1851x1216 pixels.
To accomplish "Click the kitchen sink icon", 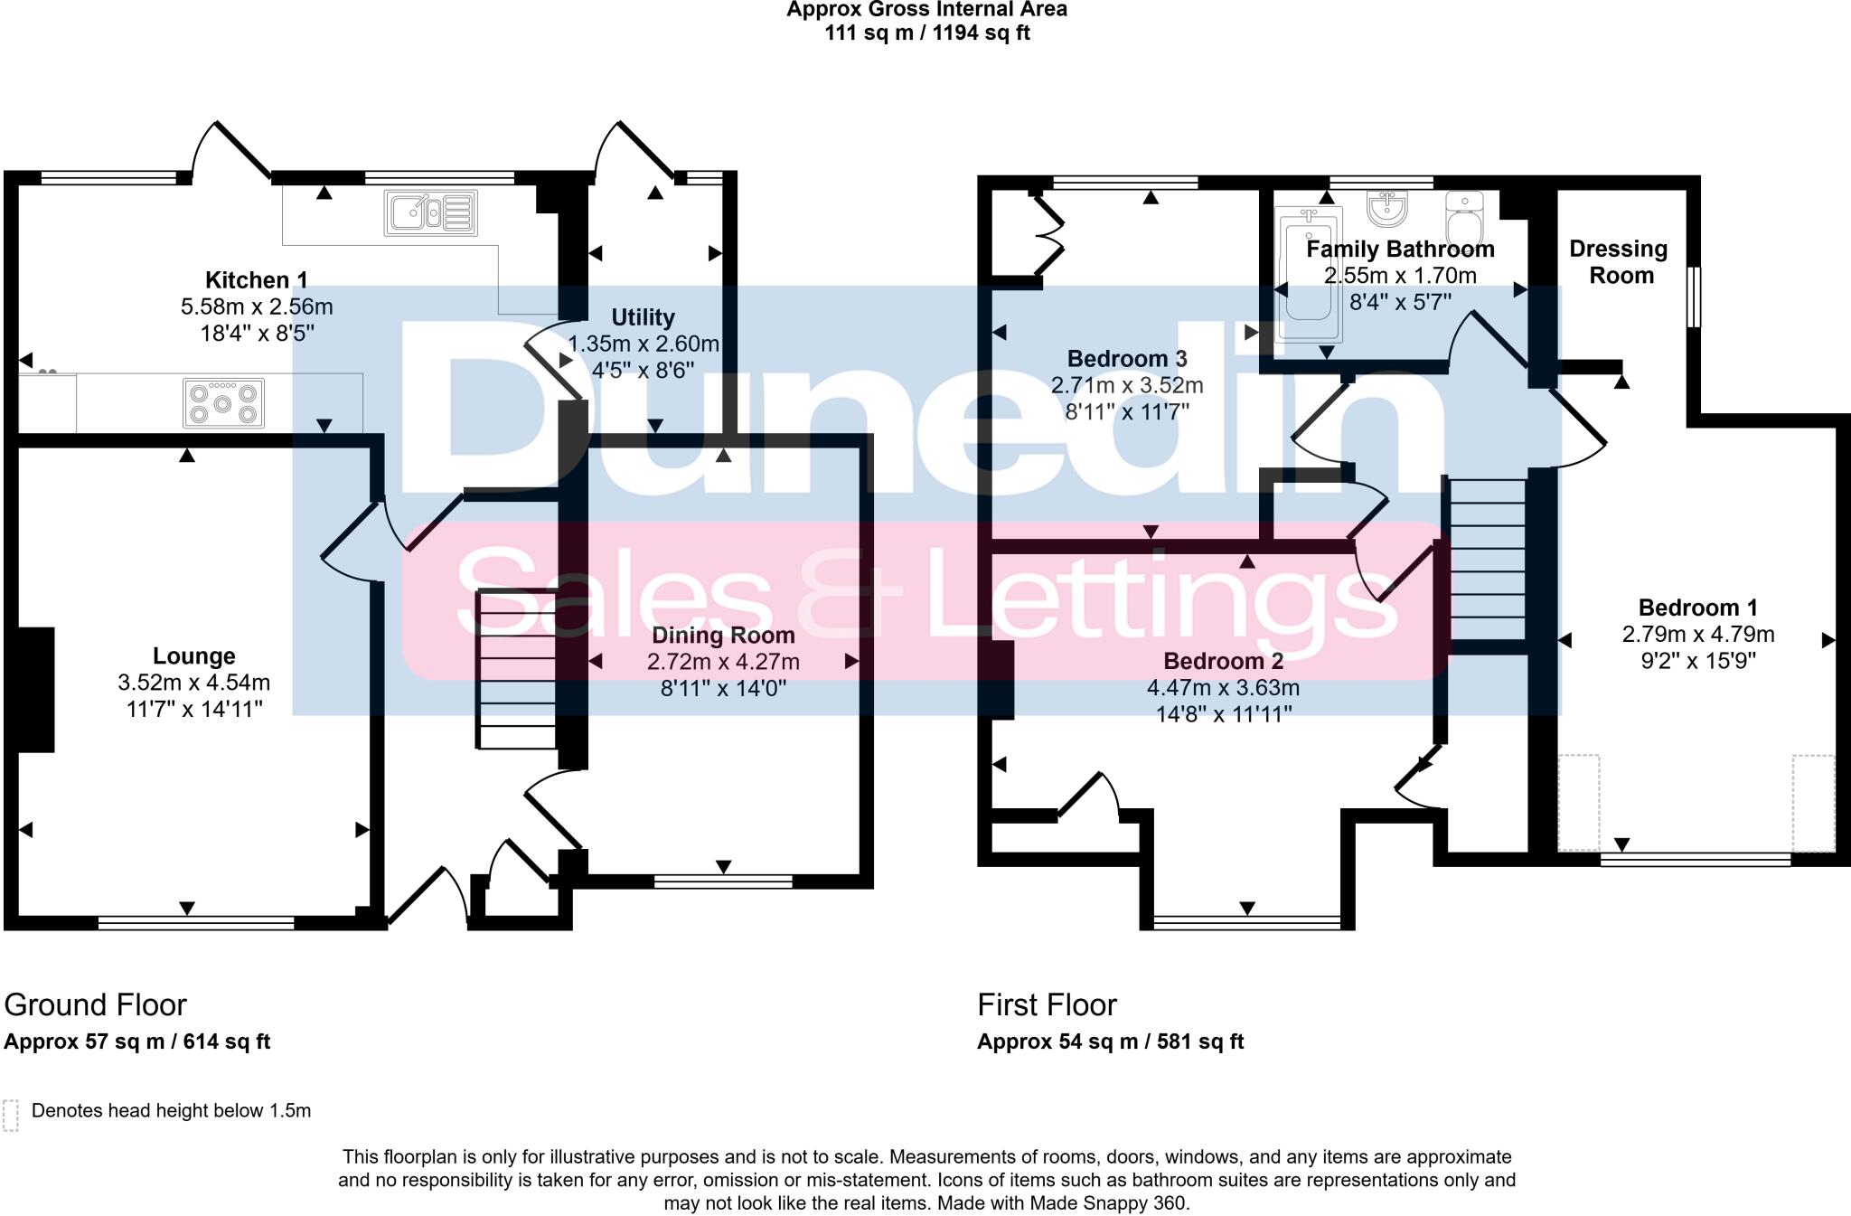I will pos(431,212).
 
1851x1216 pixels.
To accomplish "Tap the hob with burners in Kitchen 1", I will pos(223,402).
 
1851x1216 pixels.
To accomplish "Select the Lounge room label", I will pos(193,656).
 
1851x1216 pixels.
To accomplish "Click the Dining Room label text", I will pos(723,635).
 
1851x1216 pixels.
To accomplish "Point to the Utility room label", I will pos(643,317).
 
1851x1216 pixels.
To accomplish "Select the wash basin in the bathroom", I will pos(1386,209).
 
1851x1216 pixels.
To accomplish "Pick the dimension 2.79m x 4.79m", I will pos(1697,635).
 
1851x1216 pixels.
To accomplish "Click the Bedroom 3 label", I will pos(1126,359).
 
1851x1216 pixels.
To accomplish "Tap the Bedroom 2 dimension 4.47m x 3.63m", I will pos(1223,688).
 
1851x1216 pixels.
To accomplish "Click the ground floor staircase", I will pos(516,669).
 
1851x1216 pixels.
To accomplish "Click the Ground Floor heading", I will pos(95,1004).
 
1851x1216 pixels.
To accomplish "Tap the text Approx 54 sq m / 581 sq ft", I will pos(1110,1042).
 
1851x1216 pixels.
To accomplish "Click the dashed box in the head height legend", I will pos(11,1115).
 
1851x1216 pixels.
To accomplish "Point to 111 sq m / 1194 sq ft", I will pos(926,33).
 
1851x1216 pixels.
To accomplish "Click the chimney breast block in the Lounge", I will pos(34,689).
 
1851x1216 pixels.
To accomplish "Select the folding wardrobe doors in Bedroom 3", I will pos(1048,235).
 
